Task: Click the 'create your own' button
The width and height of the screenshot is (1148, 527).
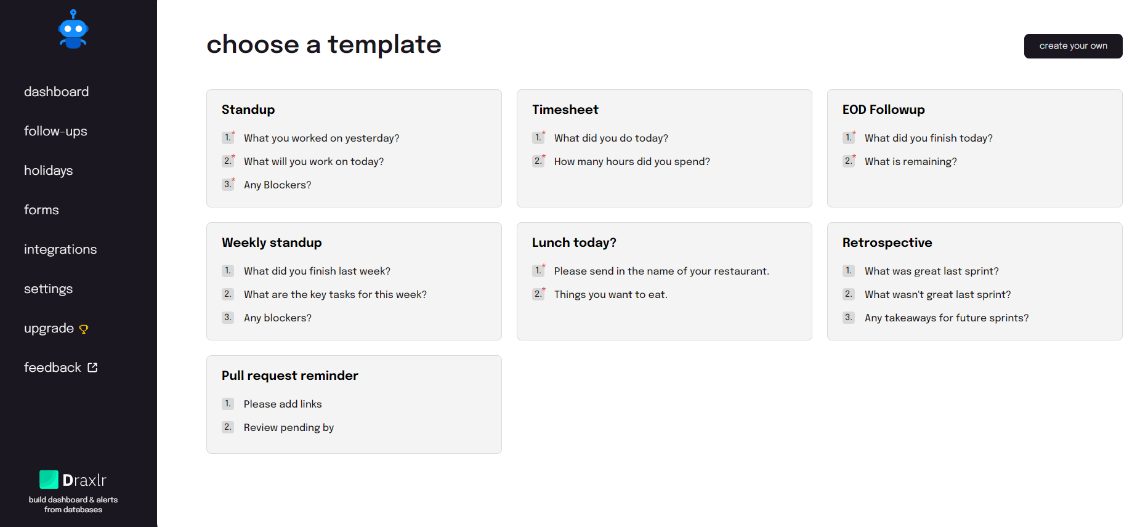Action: click(x=1073, y=46)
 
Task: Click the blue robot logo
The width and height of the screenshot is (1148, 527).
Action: click(x=73, y=29)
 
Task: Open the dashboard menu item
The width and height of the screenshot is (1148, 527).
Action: click(x=56, y=92)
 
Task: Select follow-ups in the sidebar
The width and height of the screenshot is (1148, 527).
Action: click(x=55, y=131)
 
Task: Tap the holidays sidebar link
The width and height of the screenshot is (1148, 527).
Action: click(x=48, y=171)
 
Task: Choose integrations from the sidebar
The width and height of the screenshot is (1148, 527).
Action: click(x=60, y=249)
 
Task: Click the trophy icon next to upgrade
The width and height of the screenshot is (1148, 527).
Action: click(x=84, y=329)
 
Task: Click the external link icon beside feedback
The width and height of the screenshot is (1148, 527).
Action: click(x=92, y=368)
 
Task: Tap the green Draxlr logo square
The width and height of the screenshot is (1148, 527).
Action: click(x=49, y=480)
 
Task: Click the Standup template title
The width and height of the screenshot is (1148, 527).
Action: click(x=248, y=110)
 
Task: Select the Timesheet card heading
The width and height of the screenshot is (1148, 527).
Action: click(x=565, y=110)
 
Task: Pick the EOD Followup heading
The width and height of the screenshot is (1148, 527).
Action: click(x=883, y=110)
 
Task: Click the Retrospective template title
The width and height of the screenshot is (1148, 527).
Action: click(x=887, y=243)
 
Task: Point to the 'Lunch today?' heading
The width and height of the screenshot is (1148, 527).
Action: click(x=574, y=243)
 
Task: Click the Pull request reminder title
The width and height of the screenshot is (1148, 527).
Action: click(x=289, y=376)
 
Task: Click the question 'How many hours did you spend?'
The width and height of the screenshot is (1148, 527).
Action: click(x=632, y=161)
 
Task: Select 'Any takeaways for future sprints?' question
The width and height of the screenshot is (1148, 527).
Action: click(x=947, y=318)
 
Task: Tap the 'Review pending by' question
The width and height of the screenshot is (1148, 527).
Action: click(x=289, y=427)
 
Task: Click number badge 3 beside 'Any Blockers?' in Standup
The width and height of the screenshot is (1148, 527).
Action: click(x=228, y=184)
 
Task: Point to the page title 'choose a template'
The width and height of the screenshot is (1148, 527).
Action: click(x=324, y=44)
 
